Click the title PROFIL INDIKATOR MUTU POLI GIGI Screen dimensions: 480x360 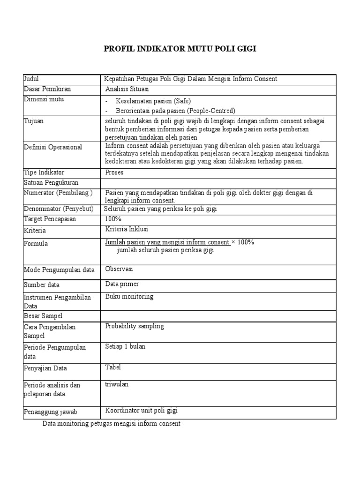click(180, 49)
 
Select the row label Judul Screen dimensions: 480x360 click(31, 79)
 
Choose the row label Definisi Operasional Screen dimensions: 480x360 click(53, 147)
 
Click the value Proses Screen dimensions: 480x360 click(115, 172)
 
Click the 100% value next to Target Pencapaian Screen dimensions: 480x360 click(113, 219)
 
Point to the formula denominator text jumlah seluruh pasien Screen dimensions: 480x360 click(165, 251)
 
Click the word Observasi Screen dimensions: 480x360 click(120, 269)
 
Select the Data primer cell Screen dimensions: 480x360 click(122, 284)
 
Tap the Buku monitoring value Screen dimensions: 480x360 click(129, 297)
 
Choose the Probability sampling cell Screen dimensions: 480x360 click(135, 326)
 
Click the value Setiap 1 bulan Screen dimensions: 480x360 click(125, 346)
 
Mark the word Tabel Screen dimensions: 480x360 click(113, 367)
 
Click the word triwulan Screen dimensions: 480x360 click(117, 384)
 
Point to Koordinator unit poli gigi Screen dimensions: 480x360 click(142, 411)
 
